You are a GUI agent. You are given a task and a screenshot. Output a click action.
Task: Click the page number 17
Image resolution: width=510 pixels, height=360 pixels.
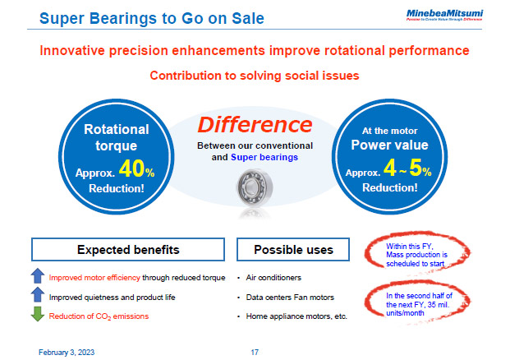(255, 352)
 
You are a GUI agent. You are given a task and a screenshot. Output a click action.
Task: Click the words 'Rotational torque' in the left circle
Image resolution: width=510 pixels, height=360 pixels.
(116, 137)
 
